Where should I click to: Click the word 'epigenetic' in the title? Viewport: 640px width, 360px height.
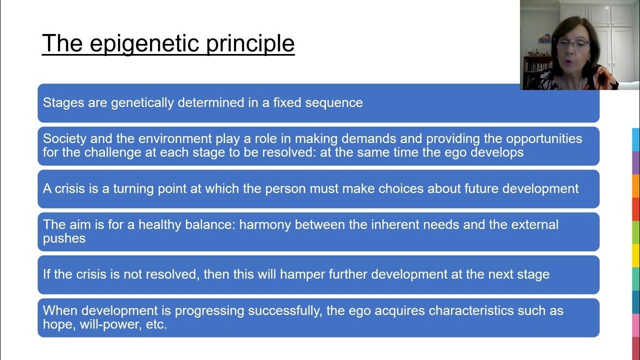coord(144,43)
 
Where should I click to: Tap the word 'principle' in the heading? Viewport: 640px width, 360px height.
coord(250,43)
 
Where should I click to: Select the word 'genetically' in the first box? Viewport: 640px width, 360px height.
coord(142,103)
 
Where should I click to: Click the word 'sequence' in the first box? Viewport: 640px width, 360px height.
coord(334,103)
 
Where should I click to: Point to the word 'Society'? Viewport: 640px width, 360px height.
coord(64,139)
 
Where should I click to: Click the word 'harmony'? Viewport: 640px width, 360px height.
coord(265,224)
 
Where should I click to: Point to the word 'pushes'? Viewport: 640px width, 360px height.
coord(64,238)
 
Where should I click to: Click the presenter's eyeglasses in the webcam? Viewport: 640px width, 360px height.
coord(573,44)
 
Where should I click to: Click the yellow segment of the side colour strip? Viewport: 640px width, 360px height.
coord(636,255)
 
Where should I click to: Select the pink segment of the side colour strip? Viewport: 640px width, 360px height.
coord(636,325)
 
